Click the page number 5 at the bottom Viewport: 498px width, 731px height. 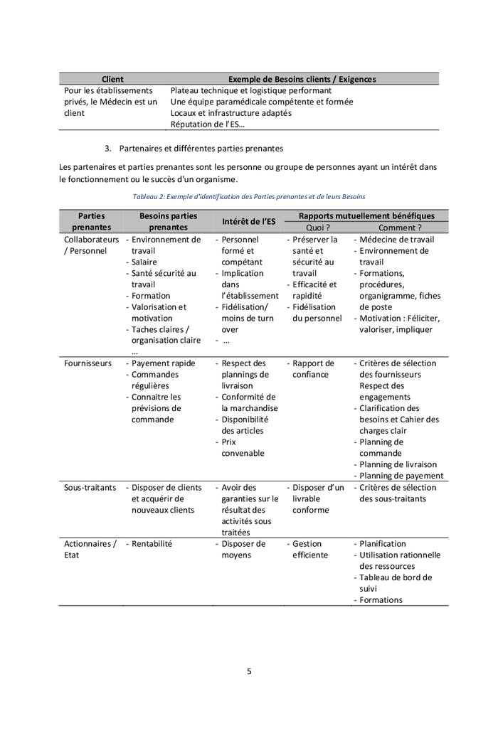tap(249, 671)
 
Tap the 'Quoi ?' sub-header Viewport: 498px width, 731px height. tap(317, 228)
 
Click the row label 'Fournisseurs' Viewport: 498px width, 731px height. tap(88, 363)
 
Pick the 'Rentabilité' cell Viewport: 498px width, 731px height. tap(152, 544)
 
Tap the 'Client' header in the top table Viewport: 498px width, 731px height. tap(112, 80)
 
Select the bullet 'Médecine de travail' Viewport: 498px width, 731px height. tap(396, 240)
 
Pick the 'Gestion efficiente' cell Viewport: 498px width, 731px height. tap(310, 550)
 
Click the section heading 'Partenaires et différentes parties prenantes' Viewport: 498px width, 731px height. tap(201, 149)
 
